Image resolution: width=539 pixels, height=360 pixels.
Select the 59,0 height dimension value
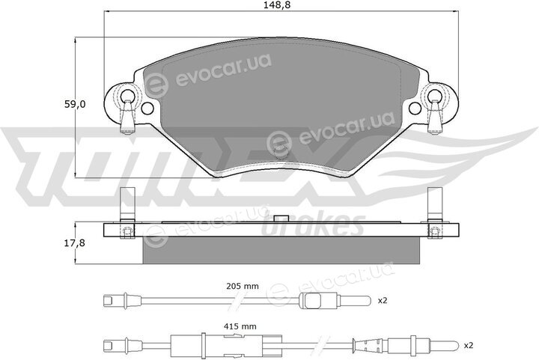(75, 105)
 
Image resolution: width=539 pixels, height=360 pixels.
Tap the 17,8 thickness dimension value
(75, 243)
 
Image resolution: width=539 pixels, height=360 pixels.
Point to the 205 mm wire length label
(243, 286)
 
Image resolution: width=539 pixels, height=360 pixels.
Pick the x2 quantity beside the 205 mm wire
(383, 301)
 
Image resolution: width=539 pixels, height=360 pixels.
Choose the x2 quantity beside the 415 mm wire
(469, 345)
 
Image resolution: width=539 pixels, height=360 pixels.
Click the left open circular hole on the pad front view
(147, 109)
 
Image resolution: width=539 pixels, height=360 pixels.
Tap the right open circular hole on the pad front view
(415, 109)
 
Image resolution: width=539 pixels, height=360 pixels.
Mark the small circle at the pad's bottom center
(281, 152)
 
